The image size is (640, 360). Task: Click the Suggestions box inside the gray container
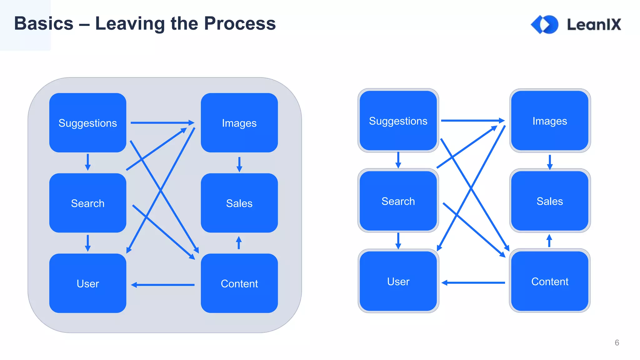87,123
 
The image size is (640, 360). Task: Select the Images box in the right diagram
550,121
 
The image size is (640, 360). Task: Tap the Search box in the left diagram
87,203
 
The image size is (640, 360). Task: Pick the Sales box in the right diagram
550,201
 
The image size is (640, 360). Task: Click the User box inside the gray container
87,283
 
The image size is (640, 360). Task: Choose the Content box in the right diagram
550,281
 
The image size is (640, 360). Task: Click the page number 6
617,342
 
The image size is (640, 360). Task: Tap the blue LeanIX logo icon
545,24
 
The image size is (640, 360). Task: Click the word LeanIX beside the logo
594,24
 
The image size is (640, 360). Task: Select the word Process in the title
240,23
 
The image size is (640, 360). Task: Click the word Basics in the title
44,23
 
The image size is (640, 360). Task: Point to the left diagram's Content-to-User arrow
162,285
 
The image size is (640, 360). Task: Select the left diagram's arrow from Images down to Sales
239,164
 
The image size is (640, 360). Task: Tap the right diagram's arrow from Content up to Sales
549,241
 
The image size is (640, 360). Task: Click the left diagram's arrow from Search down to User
88,243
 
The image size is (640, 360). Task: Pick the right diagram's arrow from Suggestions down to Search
398,160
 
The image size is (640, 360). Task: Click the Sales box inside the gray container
239,203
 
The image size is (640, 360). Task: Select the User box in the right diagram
398,281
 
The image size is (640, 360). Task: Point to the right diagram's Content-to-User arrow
473,282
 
